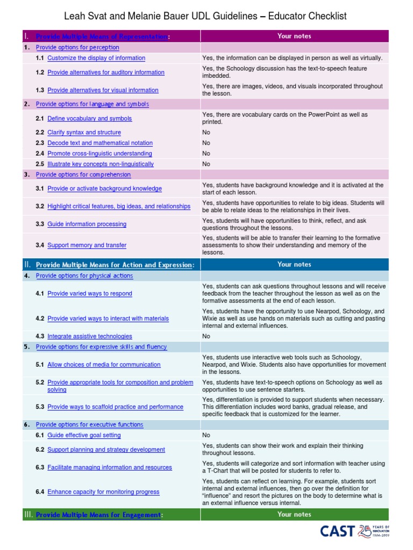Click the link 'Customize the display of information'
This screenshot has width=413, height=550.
click(96, 58)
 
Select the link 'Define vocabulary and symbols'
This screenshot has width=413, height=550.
click(89, 119)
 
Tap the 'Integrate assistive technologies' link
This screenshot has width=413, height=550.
click(89, 336)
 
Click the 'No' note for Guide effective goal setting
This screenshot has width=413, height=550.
click(206, 435)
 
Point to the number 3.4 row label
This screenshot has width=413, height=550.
click(40, 245)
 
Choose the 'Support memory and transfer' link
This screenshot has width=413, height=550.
click(87, 245)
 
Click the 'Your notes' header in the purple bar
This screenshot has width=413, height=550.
click(294, 36)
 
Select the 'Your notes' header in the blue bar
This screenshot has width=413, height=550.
click(294, 264)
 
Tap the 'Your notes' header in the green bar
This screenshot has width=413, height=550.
click(294, 514)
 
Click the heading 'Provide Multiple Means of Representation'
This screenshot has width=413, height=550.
click(102, 37)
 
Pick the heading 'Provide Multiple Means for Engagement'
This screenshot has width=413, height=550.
click(98, 515)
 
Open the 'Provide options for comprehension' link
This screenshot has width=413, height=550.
click(83, 175)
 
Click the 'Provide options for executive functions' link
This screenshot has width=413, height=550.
click(89, 425)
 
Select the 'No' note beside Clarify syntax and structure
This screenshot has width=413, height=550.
click(206, 133)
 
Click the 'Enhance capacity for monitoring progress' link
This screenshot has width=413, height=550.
click(103, 492)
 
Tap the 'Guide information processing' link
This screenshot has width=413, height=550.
click(87, 225)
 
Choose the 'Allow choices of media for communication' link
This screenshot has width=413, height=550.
click(104, 365)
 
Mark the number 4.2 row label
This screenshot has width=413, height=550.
click(40, 319)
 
